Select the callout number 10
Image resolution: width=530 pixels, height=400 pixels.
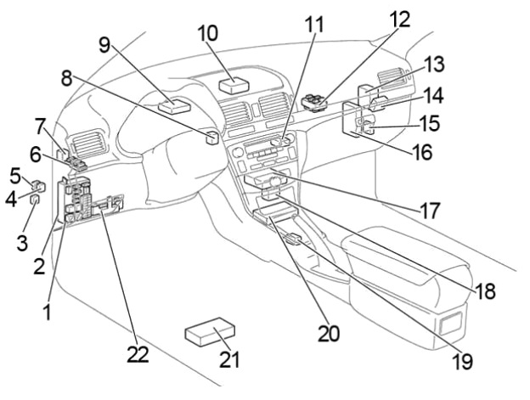point(208,34)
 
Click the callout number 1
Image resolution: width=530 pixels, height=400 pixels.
point(48,313)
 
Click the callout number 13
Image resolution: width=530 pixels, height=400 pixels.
point(435,65)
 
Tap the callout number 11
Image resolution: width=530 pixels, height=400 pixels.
point(315,24)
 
